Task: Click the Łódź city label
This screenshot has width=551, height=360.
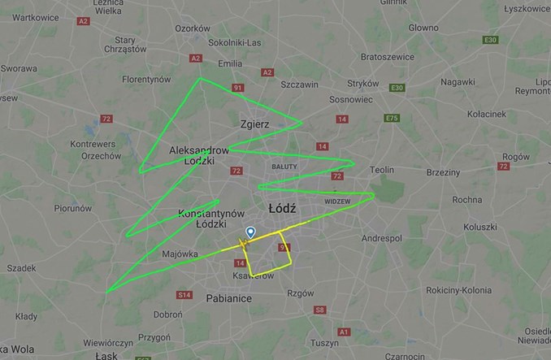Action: coord(280,209)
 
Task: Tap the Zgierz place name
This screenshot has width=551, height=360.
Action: coord(254,124)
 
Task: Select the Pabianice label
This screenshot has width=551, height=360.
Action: coord(228,298)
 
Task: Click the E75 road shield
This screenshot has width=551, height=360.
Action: coord(393,118)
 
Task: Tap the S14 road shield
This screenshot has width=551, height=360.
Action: coord(185,295)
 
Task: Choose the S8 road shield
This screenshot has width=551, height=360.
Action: coord(319,310)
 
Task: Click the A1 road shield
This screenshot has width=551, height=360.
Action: coord(344,332)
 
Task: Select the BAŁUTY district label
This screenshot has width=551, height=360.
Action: coord(284,166)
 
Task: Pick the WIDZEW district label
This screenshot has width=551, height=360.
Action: coord(336,200)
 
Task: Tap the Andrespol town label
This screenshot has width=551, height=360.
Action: coord(382,239)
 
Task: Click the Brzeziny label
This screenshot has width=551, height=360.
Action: coord(443,172)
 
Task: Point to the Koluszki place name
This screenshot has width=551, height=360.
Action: coord(479,227)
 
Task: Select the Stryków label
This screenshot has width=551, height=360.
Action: coord(363,83)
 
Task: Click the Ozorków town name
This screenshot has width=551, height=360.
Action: coord(193,28)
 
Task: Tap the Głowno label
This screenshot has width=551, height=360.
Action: coord(423,28)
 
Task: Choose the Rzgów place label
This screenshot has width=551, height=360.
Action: coord(301,293)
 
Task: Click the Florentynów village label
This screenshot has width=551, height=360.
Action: coord(146,80)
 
